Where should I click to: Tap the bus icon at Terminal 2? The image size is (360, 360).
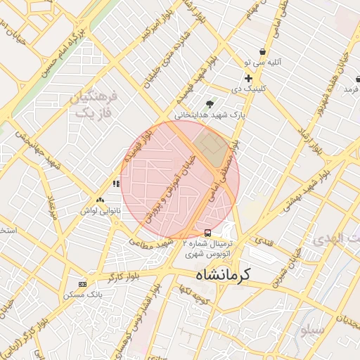pyautogui.click(x=207, y=232)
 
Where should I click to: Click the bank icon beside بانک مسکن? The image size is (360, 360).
pyautogui.click(x=83, y=284)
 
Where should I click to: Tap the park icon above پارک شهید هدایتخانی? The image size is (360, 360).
pyautogui.click(x=210, y=103)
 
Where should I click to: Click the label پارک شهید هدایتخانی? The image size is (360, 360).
pyautogui.click(x=210, y=114)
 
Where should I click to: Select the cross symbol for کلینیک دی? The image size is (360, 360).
pyautogui.click(x=248, y=78)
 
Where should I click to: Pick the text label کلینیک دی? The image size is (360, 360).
pyautogui.click(x=248, y=89)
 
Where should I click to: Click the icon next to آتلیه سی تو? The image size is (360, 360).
pyautogui.click(x=262, y=51)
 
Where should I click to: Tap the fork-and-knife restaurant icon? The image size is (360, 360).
pyautogui.click(x=115, y=184)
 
